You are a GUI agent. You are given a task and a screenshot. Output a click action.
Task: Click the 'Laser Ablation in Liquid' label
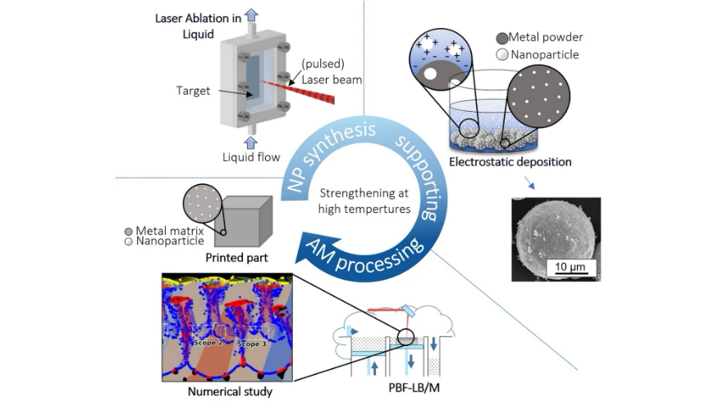pyautogui.click(x=198, y=26)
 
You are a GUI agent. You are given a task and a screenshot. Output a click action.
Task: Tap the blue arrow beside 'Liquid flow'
pyautogui.click(x=250, y=142)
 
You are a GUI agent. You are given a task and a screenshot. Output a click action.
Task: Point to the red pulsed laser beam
pyautogui.click(x=297, y=90)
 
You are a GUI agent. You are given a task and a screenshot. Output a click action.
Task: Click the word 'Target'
pyautogui.click(x=193, y=90)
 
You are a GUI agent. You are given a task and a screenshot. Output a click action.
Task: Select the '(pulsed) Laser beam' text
pyautogui.click(x=332, y=72)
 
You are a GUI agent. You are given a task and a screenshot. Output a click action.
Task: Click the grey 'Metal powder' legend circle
pyautogui.click(x=501, y=38)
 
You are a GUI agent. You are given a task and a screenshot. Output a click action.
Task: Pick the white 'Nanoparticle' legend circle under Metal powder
pyautogui.click(x=501, y=55)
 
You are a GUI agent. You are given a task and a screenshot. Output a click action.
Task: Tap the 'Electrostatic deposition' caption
pyautogui.click(x=510, y=162)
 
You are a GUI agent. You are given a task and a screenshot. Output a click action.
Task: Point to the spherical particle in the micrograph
pyautogui.click(x=555, y=238)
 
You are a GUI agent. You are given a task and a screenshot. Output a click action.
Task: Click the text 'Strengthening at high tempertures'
pyautogui.click(x=364, y=201)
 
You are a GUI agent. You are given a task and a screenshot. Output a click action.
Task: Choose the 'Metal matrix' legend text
pyautogui.click(x=170, y=231)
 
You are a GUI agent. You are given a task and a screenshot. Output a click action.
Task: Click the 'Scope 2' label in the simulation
pyautogui.click(x=209, y=342)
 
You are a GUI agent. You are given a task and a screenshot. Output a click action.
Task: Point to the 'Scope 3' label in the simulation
pyautogui.click(x=252, y=343)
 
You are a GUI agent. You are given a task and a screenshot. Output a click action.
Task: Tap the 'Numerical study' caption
pyautogui.click(x=230, y=391)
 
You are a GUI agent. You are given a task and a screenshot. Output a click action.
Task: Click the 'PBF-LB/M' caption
pyautogui.click(x=414, y=388)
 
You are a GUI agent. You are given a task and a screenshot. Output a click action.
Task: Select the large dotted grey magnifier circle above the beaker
pyautogui.click(x=538, y=96)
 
